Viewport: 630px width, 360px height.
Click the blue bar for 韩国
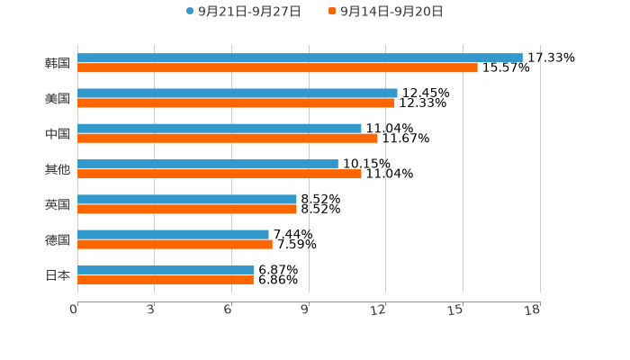tap(300, 58)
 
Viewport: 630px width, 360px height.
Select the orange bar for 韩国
tap(277, 67)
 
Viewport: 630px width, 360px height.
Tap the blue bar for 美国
tap(238, 93)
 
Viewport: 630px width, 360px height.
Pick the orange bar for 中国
tap(228, 139)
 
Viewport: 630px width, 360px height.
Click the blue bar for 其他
tap(208, 164)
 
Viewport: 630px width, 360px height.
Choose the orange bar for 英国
tap(187, 209)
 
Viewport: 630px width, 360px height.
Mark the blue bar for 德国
tap(173, 234)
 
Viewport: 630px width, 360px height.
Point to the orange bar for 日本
tap(166, 280)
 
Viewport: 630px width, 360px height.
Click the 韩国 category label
tap(58, 63)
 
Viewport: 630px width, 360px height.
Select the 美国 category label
tap(58, 98)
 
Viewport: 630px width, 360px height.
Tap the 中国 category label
tap(58, 133)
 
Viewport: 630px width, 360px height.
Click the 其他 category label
tap(58, 169)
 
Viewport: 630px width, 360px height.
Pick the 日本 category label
tap(58, 274)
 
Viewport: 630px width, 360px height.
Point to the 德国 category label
tap(58, 239)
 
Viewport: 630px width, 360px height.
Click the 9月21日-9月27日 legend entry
tap(243, 11)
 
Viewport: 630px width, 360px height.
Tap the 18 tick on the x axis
tap(533, 310)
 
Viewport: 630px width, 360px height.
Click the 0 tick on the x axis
tap(74, 310)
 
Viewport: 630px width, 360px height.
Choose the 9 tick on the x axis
tap(305, 310)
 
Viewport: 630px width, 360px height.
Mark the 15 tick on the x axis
tap(455, 310)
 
